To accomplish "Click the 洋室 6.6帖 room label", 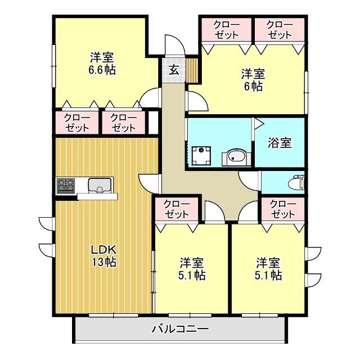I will (x=102, y=64).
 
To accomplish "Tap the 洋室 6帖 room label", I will (x=253, y=79).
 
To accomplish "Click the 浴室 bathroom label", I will (x=279, y=142).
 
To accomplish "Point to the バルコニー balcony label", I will (x=180, y=330).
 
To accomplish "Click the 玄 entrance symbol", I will (x=174, y=70).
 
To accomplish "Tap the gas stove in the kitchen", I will (x=66, y=184).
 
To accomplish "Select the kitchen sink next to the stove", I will (x=100, y=184).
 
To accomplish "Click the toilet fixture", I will (x=296, y=182).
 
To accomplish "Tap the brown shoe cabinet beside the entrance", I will (x=193, y=70).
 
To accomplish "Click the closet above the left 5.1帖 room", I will (x=177, y=209).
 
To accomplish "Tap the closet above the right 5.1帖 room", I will (x=283, y=209).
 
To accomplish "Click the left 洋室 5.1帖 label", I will (x=192, y=269).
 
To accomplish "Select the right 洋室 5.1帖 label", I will (x=268, y=269).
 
